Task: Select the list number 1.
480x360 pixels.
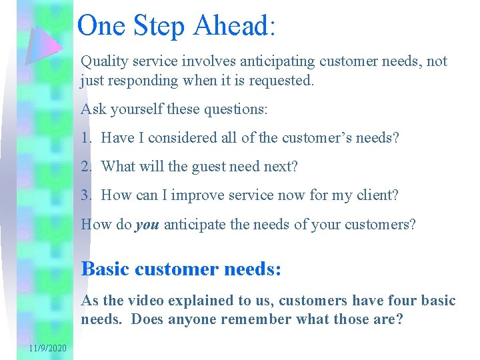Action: [85, 138]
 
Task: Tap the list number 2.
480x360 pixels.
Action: [85, 167]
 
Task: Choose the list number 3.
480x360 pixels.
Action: [85, 195]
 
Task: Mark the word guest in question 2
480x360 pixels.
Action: [210, 167]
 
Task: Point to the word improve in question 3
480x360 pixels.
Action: [198, 195]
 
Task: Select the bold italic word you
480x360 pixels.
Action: [147, 225]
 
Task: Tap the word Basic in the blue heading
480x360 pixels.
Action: [105, 269]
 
